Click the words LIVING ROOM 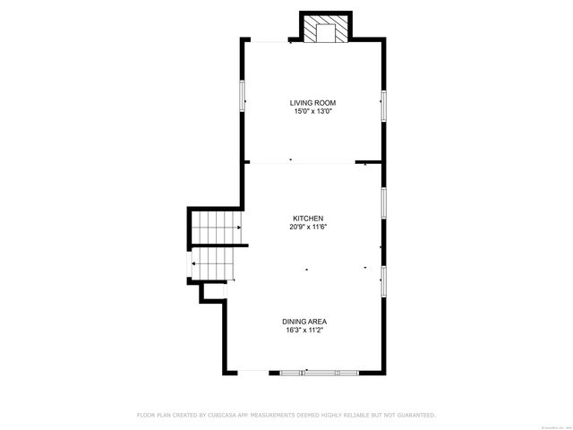pos(312,102)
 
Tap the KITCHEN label pos(307,218)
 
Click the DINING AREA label pos(304,321)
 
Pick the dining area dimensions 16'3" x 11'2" pos(304,329)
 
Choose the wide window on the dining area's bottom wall pos(320,371)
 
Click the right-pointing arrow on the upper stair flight pos(240,228)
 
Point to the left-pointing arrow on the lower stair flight pos(193,263)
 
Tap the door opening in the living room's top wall pos(268,39)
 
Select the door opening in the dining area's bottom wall pos(252,371)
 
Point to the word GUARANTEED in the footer pos(415,415)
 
